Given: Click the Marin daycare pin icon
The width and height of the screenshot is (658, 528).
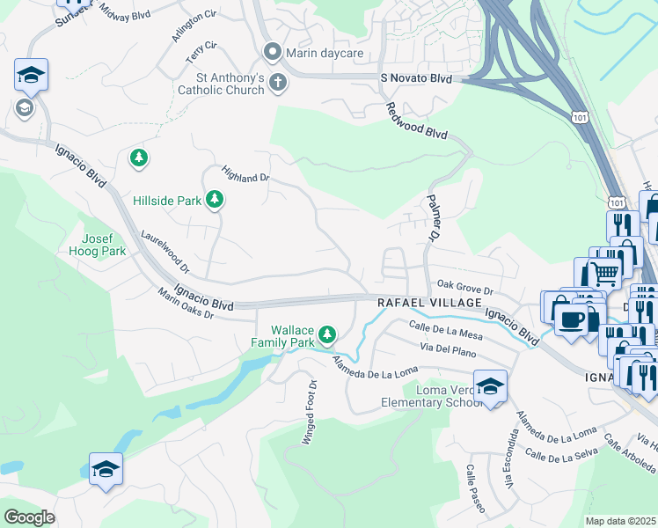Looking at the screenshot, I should coord(274,52).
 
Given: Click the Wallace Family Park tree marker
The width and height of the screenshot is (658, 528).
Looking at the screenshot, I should coord(327,334).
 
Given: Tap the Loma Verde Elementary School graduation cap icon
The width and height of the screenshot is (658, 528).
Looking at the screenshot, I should coord(490,385).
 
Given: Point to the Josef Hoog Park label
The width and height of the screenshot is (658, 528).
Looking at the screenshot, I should coord(105,245).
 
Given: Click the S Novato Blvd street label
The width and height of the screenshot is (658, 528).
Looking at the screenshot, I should coord(415,79).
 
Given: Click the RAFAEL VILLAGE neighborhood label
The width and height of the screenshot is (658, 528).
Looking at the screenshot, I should coord(419,302).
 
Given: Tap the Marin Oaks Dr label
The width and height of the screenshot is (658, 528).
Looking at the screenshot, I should coord(186,303).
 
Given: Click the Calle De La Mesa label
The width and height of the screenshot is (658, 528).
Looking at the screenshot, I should coord(447,332).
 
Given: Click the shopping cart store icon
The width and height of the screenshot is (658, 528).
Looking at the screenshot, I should coord(603,275).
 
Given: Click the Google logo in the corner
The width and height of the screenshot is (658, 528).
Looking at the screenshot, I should coord(29,517).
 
